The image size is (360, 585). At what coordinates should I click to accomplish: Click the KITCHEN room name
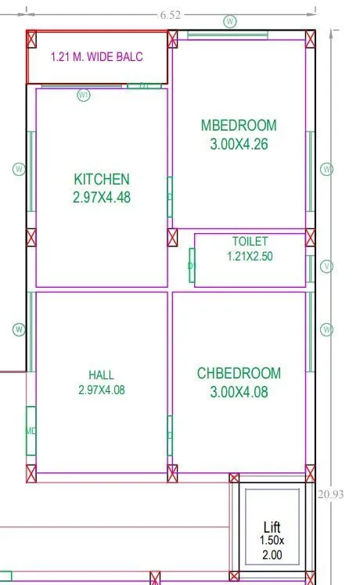point(102,179)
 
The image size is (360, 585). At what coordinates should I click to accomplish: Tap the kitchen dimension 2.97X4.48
point(102,198)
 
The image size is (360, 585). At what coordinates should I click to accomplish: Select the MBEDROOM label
point(239,125)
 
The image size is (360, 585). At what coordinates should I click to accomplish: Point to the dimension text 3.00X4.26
point(239,144)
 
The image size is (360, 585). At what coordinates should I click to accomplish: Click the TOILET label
point(250,242)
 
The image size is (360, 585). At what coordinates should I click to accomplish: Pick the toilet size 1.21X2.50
point(250,256)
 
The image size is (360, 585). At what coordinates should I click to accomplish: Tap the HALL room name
point(102,374)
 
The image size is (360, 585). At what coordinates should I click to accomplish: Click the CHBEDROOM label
point(239,373)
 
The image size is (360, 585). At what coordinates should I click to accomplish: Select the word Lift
point(272,527)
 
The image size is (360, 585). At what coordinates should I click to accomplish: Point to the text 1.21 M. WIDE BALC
point(97,57)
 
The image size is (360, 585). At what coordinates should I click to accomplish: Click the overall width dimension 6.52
point(171,14)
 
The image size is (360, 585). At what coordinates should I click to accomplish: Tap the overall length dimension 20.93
point(332,493)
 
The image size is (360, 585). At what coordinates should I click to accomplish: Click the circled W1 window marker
point(85,95)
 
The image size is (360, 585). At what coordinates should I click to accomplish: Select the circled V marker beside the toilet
point(327,267)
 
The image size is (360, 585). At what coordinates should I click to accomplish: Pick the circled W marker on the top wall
point(230,21)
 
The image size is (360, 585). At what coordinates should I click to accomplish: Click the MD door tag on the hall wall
point(31,431)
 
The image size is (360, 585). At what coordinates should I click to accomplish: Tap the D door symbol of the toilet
point(191,266)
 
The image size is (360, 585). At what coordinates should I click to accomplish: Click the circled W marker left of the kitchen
point(20,169)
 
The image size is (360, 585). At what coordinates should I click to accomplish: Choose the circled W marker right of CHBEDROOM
point(327,329)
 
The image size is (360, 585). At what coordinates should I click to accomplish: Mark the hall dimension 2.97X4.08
point(102,389)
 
